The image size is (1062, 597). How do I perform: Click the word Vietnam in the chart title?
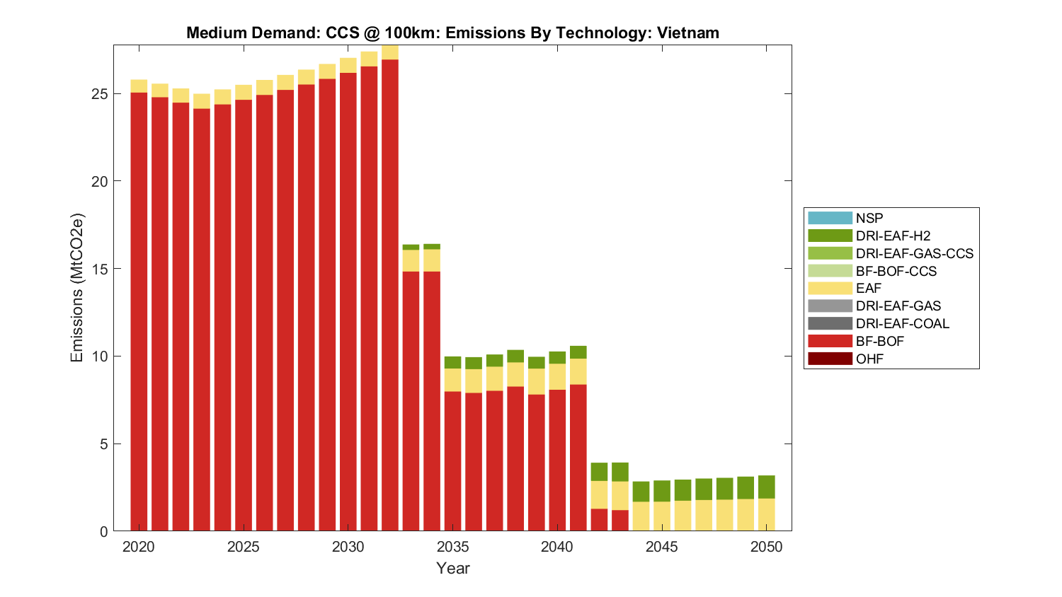click(687, 33)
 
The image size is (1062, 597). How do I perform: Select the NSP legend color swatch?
click(830, 218)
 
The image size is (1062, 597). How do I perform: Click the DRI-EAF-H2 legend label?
click(893, 236)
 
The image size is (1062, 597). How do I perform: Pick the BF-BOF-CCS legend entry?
click(896, 271)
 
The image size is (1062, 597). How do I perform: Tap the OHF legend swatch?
click(830, 359)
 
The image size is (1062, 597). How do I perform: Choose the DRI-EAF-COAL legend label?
click(902, 323)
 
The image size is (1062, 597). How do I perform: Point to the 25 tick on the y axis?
click(100, 94)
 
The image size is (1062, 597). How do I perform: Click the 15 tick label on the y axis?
click(100, 269)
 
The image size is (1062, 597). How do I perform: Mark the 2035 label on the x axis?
click(452, 547)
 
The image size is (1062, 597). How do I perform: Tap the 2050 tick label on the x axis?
click(766, 547)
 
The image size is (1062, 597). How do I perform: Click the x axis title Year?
click(452, 568)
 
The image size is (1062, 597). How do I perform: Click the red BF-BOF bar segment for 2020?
click(139, 311)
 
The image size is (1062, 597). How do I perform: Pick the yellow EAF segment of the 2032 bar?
click(390, 53)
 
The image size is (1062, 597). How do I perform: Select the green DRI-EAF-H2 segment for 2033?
click(411, 247)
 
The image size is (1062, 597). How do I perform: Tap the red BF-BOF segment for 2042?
click(599, 520)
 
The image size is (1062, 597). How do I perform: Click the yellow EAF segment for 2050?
click(766, 515)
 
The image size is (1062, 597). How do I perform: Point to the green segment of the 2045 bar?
click(662, 491)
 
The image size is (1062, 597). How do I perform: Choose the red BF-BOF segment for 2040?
click(557, 460)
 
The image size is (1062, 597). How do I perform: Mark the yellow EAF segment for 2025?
click(244, 92)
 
